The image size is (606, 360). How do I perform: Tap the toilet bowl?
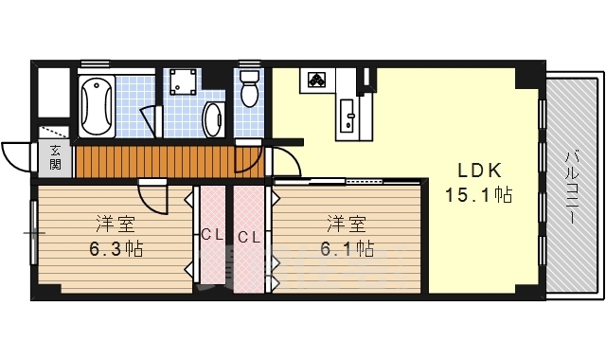(250, 91)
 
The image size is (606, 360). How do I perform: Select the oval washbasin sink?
(213, 120)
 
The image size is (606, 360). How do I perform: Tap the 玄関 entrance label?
(55, 158)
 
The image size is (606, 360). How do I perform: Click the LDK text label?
(480, 171)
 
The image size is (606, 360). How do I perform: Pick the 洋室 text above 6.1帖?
(347, 225)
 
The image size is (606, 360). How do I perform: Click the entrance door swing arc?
(16, 155)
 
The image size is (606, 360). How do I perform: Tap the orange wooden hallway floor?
(151, 161)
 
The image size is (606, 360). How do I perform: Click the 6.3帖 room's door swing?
(151, 196)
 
